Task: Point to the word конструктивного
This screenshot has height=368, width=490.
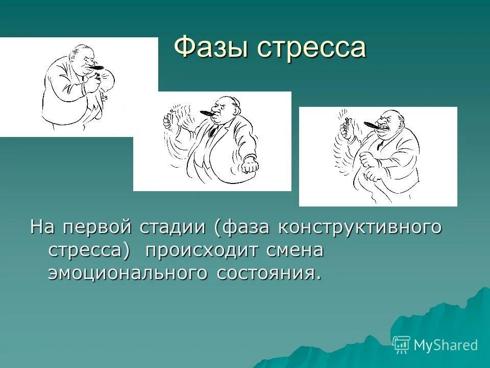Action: coord(359,227)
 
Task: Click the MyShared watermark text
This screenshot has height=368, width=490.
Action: coord(445,345)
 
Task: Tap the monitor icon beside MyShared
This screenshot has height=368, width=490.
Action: coord(401,344)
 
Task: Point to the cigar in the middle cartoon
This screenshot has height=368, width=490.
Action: coord(207,112)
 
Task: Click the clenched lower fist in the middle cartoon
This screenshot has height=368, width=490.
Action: coord(250,166)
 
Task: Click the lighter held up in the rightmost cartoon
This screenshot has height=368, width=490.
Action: coord(346,123)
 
